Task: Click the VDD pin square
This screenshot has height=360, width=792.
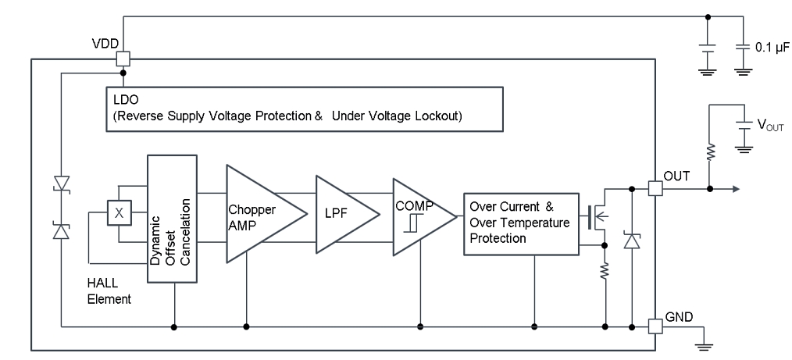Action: coord(122,59)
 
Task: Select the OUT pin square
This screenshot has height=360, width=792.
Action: coord(656,187)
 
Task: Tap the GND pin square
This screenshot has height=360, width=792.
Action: coord(656,324)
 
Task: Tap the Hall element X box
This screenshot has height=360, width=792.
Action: coord(119,212)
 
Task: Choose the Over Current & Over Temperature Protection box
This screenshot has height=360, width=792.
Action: coord(520,223)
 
